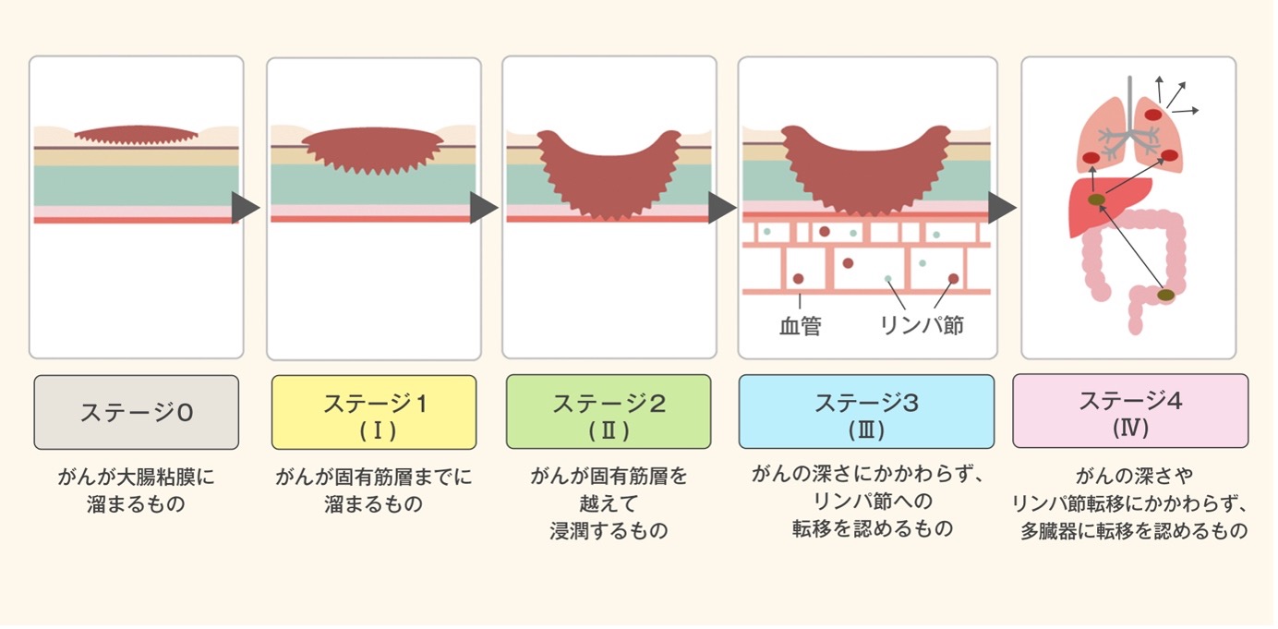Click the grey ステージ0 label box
[x=136, y=412]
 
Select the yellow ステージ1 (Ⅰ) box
[x=374, y=412]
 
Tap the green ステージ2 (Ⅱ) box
[x=609, y=412]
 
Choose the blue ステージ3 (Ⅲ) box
[x=866, y=412]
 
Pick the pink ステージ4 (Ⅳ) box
[x=1130, y=411]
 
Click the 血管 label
[x=800, y=326]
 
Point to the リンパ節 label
[x=921, y=326]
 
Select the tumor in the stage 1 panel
[x=374, y=150]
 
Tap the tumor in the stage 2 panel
[x=609, y=180]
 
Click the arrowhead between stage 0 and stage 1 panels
[x=245, y=209]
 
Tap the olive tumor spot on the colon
[x=1166, y=295]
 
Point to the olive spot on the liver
[x=1096, y=200]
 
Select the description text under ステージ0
[x=136, y=491]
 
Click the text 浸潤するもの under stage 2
[x=609, y=531]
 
